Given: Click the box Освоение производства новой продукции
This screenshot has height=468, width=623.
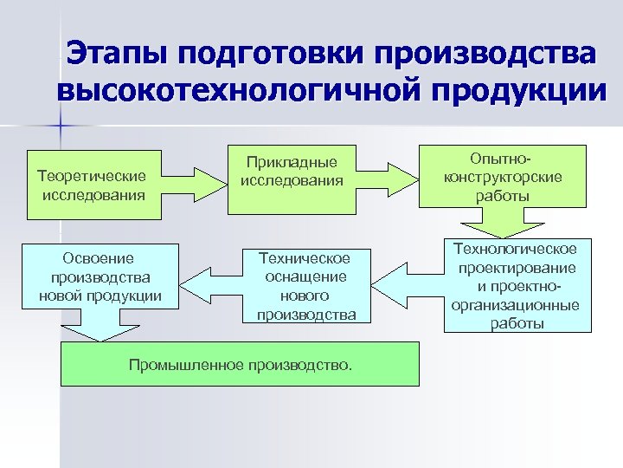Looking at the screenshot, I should tap(100, 276).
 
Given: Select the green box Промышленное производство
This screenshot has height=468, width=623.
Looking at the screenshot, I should tap(241, 363).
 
